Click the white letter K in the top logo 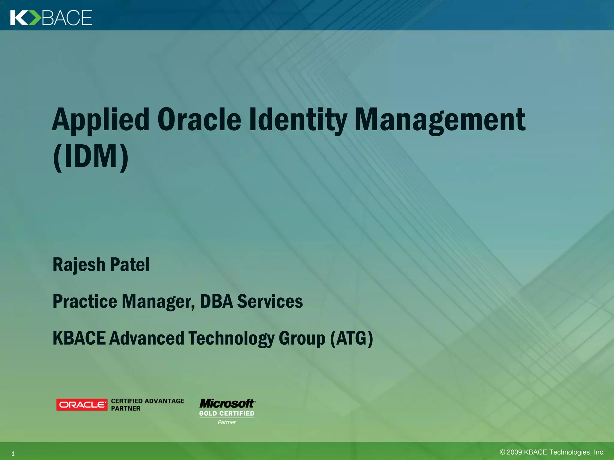pyautogui.click(x=18, y=18)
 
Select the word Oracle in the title pyautogui.click(x=199, y=120)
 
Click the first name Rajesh pyautogui.click(x=79, y=265)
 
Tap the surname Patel pyautogui.click(x=130, y=265)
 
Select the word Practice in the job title pyautogui.click(x=85, y=301)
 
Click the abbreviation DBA pyautogui.click(x=216, y=301)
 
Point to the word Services pyautogui.click(x=270, y=301)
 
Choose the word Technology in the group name pyautogui.click(x=231, y=338)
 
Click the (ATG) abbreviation pyautogui.click(x=351, y=338)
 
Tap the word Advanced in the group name pyautogui.click(x=147, y=338)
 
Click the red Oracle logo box pyautogui.click(x=82, y=405)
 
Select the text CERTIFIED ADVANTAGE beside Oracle pyautogui.click(x=148, y=401)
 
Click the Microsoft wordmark pyautogui.click(x=227, y=403)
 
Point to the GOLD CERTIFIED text pyautogui.click(x=227, y=414)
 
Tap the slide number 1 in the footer pyautogui.click(x=13, y=454)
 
